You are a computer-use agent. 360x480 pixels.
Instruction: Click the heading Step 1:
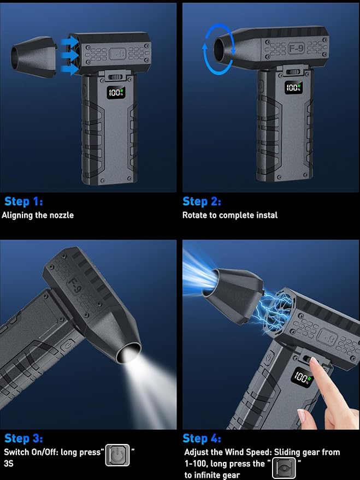click(23, 202)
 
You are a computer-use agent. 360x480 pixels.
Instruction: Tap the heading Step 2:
click(202, 202)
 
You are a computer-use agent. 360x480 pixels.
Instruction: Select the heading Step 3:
click(23, 438)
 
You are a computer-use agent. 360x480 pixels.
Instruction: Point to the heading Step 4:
click(202, 438)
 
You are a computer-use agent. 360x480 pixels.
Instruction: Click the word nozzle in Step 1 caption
click(62, 215)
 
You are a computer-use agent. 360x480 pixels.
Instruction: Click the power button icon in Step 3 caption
click(117, 455)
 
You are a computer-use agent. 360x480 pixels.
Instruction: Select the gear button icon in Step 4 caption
click(284, 468)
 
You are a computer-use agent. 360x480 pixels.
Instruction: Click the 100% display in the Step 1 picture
click(116, 92)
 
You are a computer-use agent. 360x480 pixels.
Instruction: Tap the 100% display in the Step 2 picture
click(293, 87)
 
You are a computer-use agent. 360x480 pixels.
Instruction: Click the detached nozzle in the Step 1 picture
click(34, 57)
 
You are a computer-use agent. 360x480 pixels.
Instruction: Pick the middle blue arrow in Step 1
click(69, 55)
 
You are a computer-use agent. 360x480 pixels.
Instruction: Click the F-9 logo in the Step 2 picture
click(296, 48)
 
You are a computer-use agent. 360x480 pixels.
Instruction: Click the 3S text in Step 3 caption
click(9, 464)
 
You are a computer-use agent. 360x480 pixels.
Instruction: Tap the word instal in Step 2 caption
click(267, 215)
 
